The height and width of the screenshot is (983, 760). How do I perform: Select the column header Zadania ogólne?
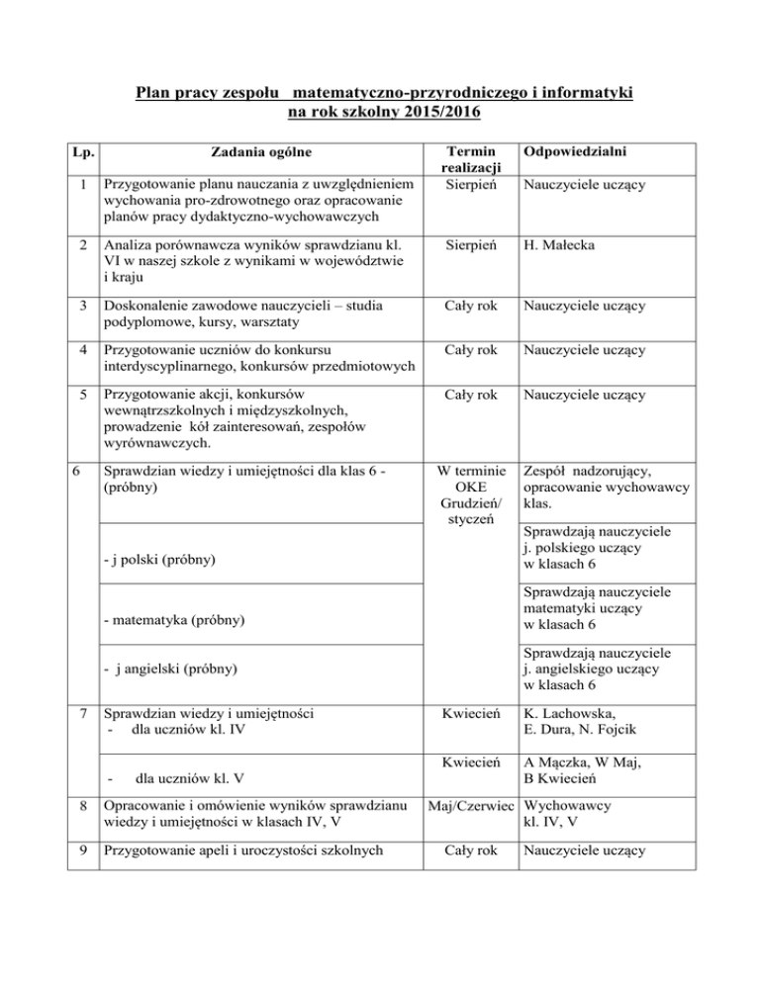tap(261, 151)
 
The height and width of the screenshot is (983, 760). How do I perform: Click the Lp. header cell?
tap(84, 151)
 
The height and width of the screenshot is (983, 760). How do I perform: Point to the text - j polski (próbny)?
tap(158, 562)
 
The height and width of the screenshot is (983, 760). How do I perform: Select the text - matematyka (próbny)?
tap(171, 621)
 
